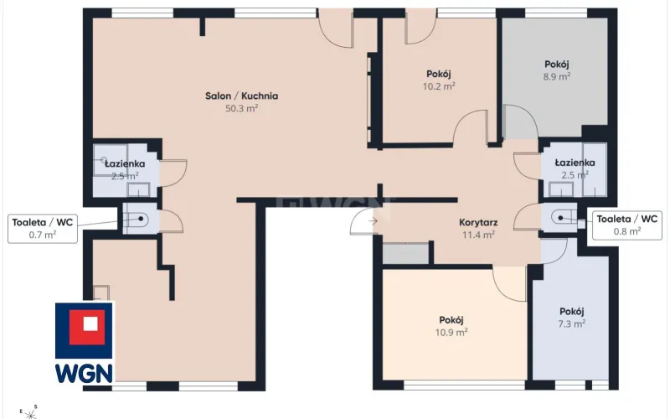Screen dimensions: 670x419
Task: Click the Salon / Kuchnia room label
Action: click(241, 96)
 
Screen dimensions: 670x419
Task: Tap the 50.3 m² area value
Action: click(241, 108)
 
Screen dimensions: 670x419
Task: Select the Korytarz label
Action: click(478, 222)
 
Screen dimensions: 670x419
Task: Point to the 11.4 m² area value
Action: click(478, 235)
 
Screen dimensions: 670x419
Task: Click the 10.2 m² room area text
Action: click(439, 86)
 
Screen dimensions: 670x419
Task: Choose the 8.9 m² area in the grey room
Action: click(557, 76)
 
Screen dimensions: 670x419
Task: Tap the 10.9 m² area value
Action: click(451, 332)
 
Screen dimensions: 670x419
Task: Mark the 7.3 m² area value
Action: click(572, 323)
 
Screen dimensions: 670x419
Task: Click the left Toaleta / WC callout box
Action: click(43, 229)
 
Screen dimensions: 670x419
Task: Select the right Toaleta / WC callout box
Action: click(626, 225)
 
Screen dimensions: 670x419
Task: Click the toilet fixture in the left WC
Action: click(137, 220)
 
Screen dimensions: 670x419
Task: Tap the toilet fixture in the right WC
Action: click(563, 218)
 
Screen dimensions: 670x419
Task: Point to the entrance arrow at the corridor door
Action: click(373, 221)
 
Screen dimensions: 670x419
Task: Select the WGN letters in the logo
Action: click(85, 373)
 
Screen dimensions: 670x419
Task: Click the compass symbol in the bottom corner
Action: click(28, 413)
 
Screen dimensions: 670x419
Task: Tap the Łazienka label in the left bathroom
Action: click(125, 163)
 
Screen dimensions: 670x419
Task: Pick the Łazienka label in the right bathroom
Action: click(575, 163)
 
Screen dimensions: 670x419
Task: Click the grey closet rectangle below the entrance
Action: click(405, 254)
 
